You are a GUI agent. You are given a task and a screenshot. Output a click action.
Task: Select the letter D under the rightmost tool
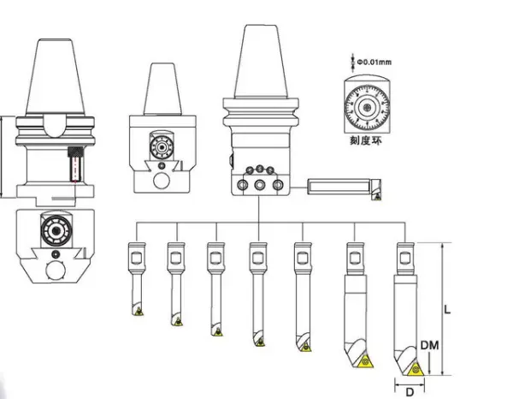[x=410, y=391]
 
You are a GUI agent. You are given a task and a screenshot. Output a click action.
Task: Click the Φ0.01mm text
[x=374, y=61]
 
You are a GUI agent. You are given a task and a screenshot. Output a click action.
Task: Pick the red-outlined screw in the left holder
[x=74, y=165]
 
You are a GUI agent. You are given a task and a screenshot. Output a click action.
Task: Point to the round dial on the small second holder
[x=158, y=146]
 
